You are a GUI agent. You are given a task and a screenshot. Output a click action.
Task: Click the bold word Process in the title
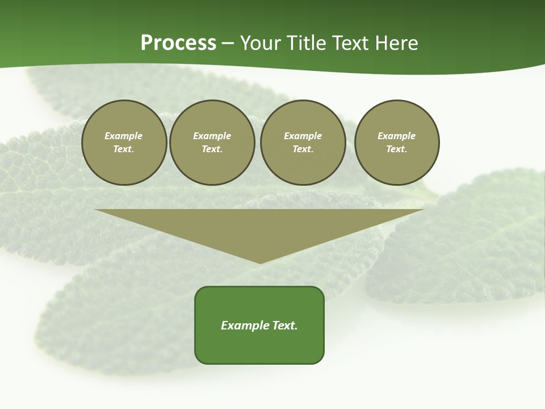pyautogui.click(x=178, y=43)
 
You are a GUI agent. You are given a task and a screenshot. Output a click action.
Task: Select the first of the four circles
pyautogui.click(x=124, y=143)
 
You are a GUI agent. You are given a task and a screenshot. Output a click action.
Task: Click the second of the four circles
pyautogui.click(x=212, y=143)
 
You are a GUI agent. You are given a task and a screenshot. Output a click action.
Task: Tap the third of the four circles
pyautogui.click(x=303, y=143)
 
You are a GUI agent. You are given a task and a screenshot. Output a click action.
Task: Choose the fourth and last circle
pyautogui.click(x=397, y=143)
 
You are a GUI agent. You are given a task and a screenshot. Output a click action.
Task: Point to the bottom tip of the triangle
pyautogui.click(x=260, y=262)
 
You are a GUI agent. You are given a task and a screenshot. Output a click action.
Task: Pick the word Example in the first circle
pyautogui.click(x=124, y=136)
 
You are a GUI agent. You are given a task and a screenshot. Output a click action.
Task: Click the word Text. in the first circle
pyautogui.click(x=124, y=149)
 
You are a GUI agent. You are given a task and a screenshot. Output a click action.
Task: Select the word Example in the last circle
pyautogui.click(x=397, y=136)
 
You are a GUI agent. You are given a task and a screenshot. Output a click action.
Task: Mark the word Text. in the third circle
pyautogui.click(x=303, y=149)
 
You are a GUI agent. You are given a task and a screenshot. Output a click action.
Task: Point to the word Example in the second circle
pyautogui.click(x=212, y=136)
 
